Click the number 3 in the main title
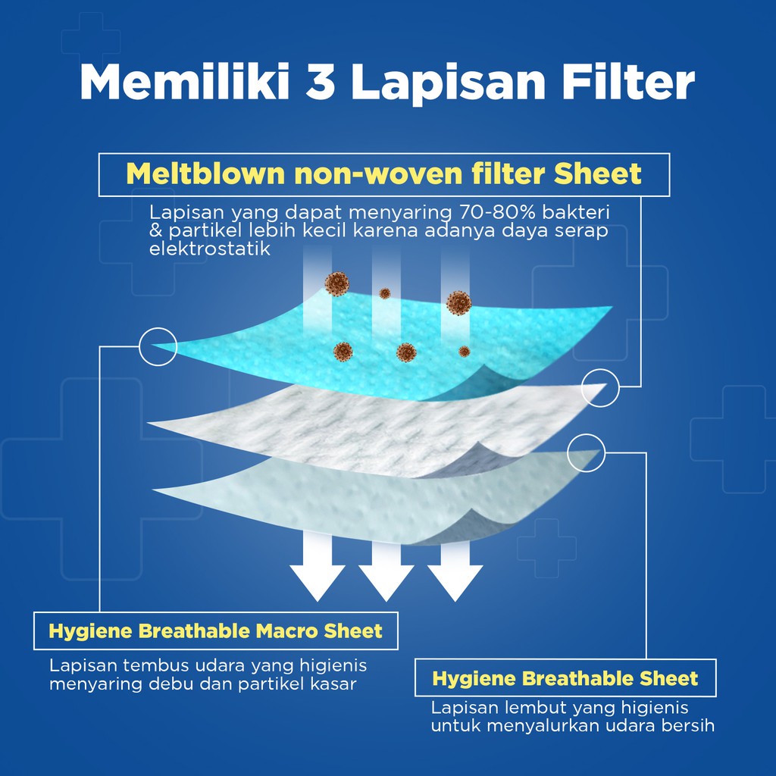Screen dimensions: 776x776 pos(320,81)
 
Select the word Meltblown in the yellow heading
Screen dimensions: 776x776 pos(205,174)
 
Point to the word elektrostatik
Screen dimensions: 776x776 pos(210,249)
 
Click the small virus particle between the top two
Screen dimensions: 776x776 pos(384,293)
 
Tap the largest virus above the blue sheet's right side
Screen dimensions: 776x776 pos(458,303)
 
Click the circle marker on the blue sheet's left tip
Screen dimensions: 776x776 pos(158,346)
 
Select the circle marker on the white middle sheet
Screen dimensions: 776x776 pos(600,388)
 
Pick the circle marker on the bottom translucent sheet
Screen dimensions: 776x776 pos(586,453)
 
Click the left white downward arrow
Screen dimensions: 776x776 pos(318,567)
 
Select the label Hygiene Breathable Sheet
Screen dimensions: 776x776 pos(565,678)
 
